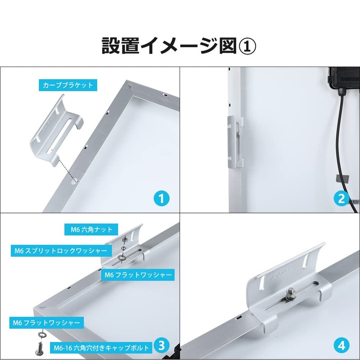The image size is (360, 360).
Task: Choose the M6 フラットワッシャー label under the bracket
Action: (138, 274)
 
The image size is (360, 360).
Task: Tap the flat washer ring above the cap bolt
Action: (42, 335)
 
